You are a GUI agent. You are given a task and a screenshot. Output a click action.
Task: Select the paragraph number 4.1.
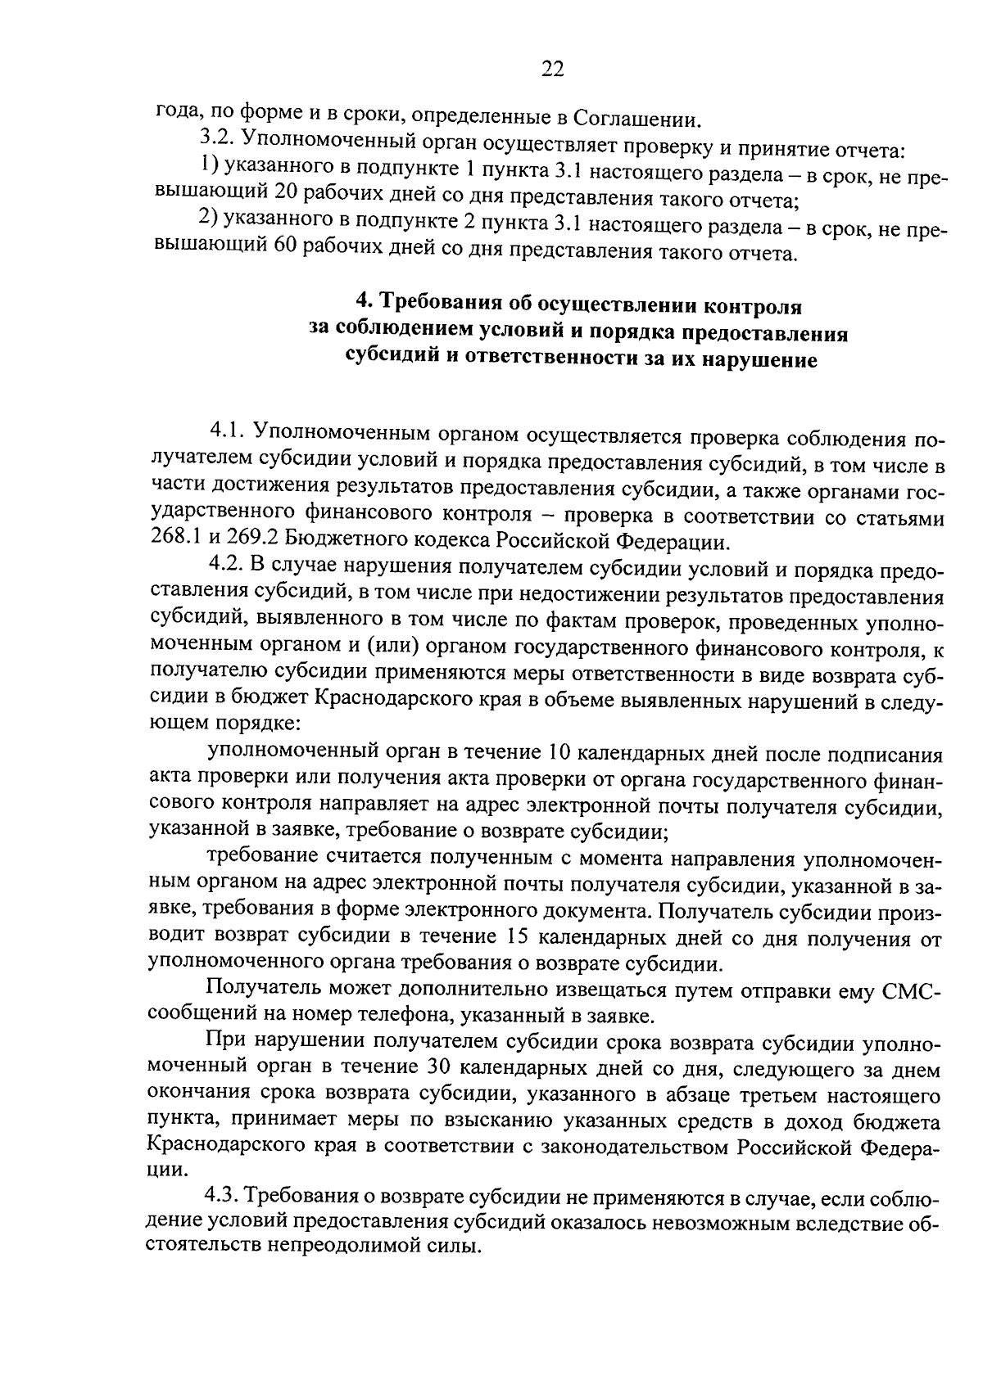(228, 431)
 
